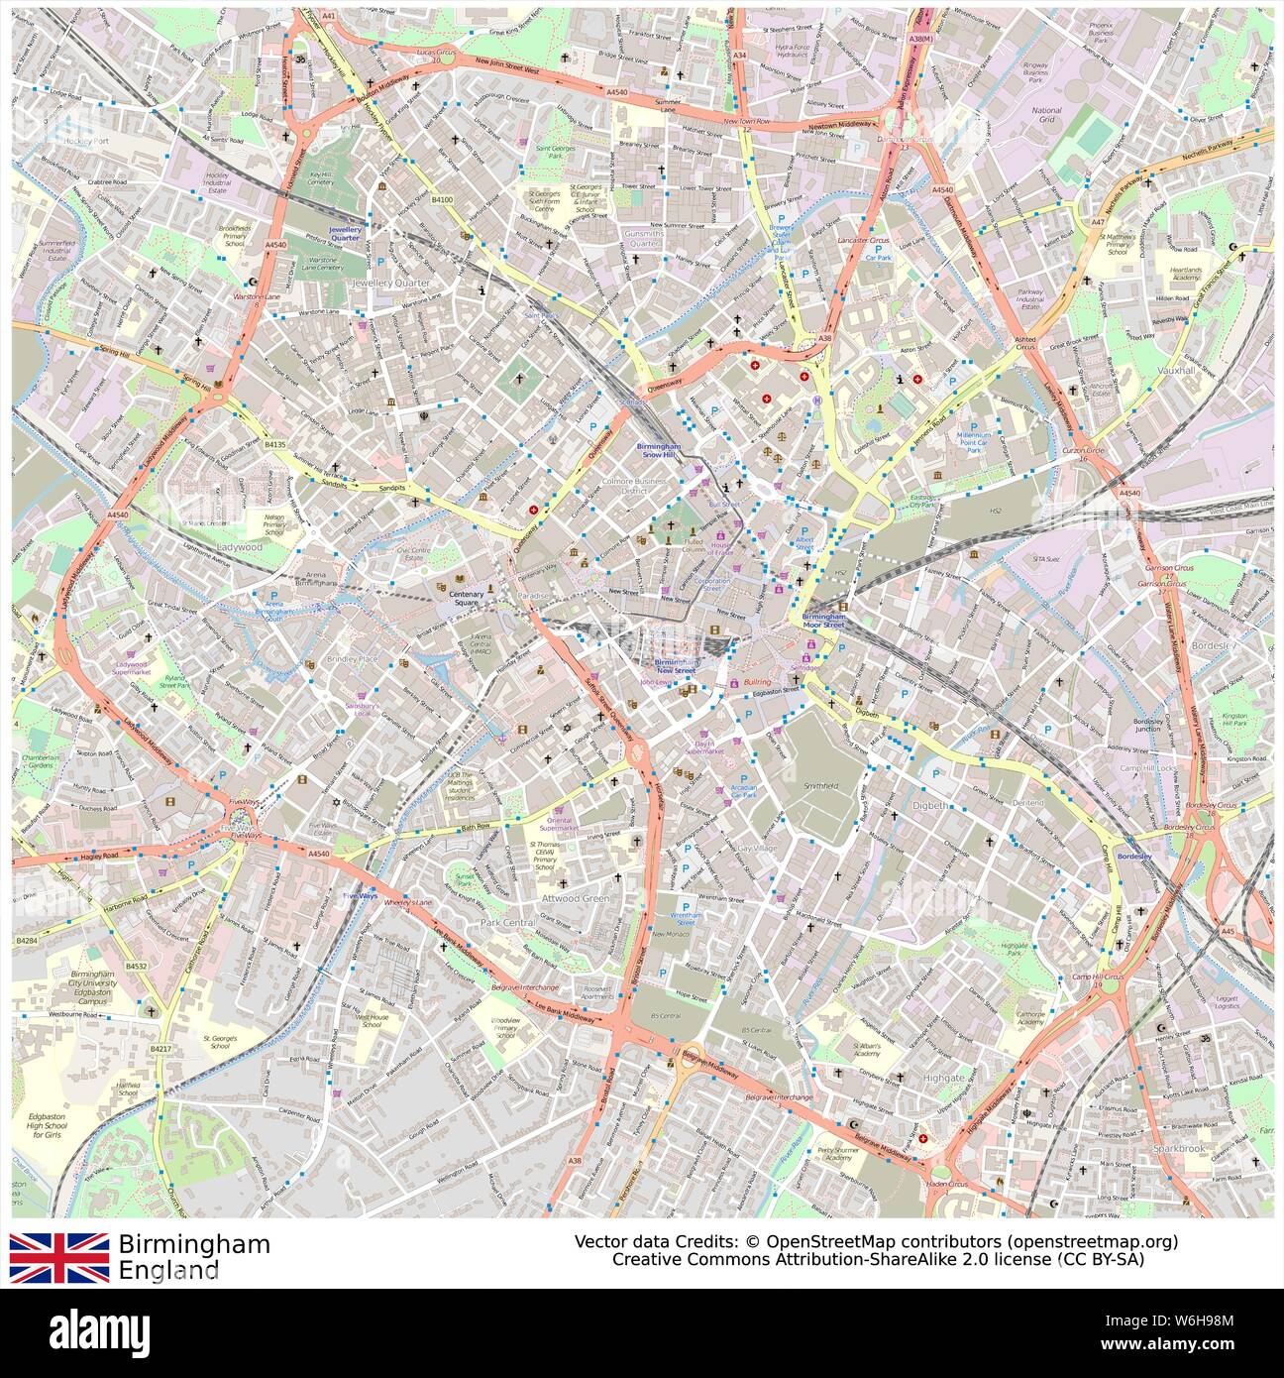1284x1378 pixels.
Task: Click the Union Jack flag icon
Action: [x=59, y=1257]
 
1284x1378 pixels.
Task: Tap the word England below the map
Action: [x=168, y=1270]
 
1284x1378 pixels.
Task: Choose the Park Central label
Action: [x=507, y=922]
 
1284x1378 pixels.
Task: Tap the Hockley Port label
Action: [x=87, y=142]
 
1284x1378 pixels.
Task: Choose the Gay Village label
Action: [x=757, y=849]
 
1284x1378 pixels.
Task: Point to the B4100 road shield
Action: [x=442, y=199]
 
